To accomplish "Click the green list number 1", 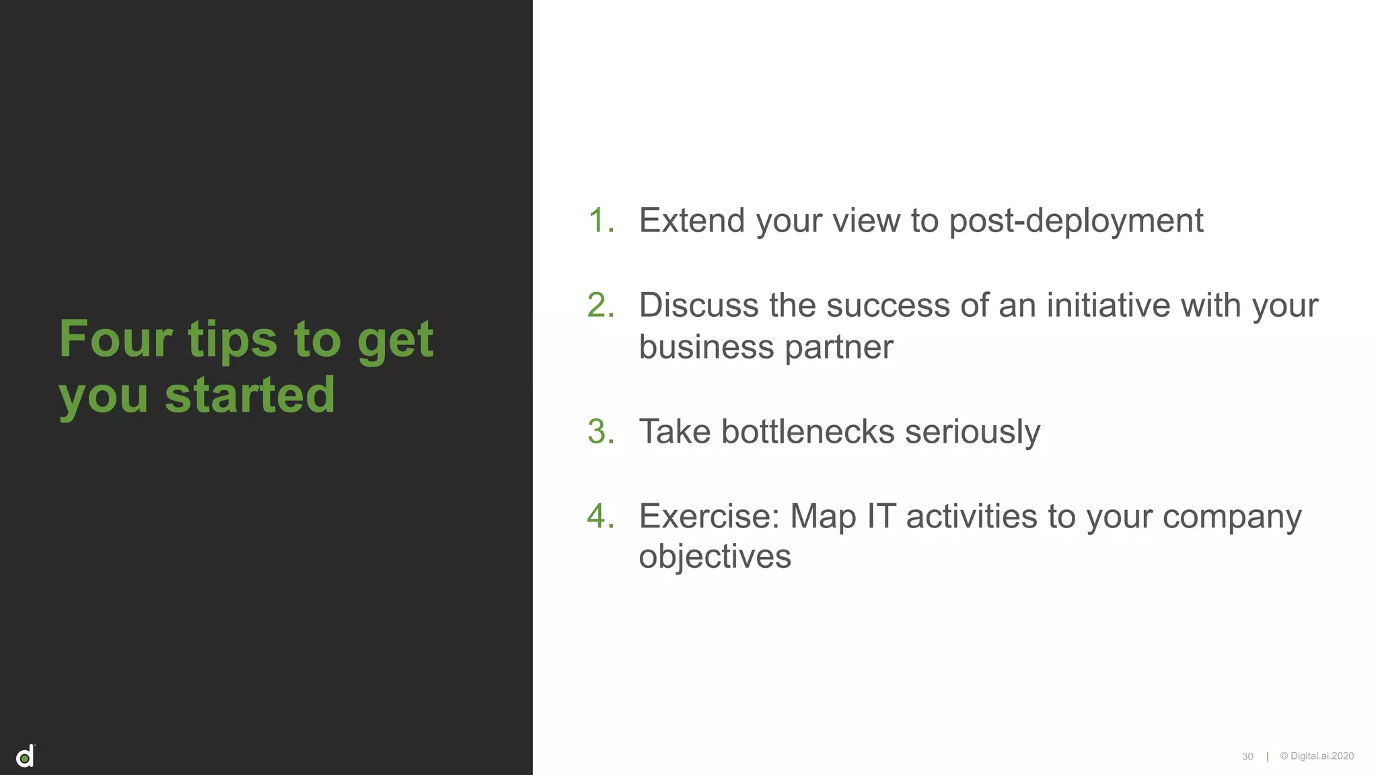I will click(x=600, y=221).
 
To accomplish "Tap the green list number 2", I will click(x=600, y=305).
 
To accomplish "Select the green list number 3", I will click(x=600, y=431).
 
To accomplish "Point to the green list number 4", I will click(x=600, y=516).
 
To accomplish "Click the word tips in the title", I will click(x=232, y=340).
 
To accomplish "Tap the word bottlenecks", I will click(x=807, y=431).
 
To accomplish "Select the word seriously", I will click(x=972, y=433).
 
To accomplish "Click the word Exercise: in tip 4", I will click(x=709, y=517).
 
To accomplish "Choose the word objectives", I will click(x=715, y=557).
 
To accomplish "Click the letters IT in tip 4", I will click(x=881, y=517).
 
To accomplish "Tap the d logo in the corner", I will click(x=26, y=757).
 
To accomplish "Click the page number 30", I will click(x=1247, y=757).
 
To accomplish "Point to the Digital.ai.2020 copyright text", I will click(x=1317, y=756).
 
